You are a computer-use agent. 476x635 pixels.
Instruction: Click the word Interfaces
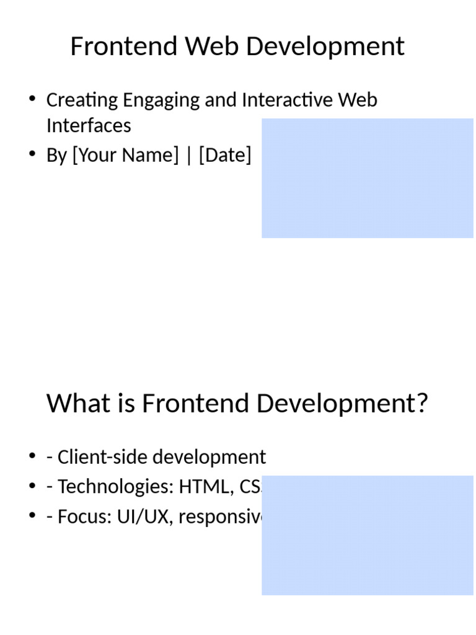tap(89, 125)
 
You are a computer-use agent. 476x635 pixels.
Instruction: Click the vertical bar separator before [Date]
tap(189, 155)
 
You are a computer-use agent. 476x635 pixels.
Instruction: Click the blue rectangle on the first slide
tap(367, 178)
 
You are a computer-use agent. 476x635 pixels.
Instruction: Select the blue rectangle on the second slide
tap(367, 535)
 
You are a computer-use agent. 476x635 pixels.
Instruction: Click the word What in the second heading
tap(73, 404)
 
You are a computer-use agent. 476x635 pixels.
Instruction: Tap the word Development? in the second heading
tap(342, 404)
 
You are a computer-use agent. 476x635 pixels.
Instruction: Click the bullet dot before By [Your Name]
tap(32, 154)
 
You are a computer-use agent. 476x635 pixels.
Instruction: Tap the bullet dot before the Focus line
tap(32, 516)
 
